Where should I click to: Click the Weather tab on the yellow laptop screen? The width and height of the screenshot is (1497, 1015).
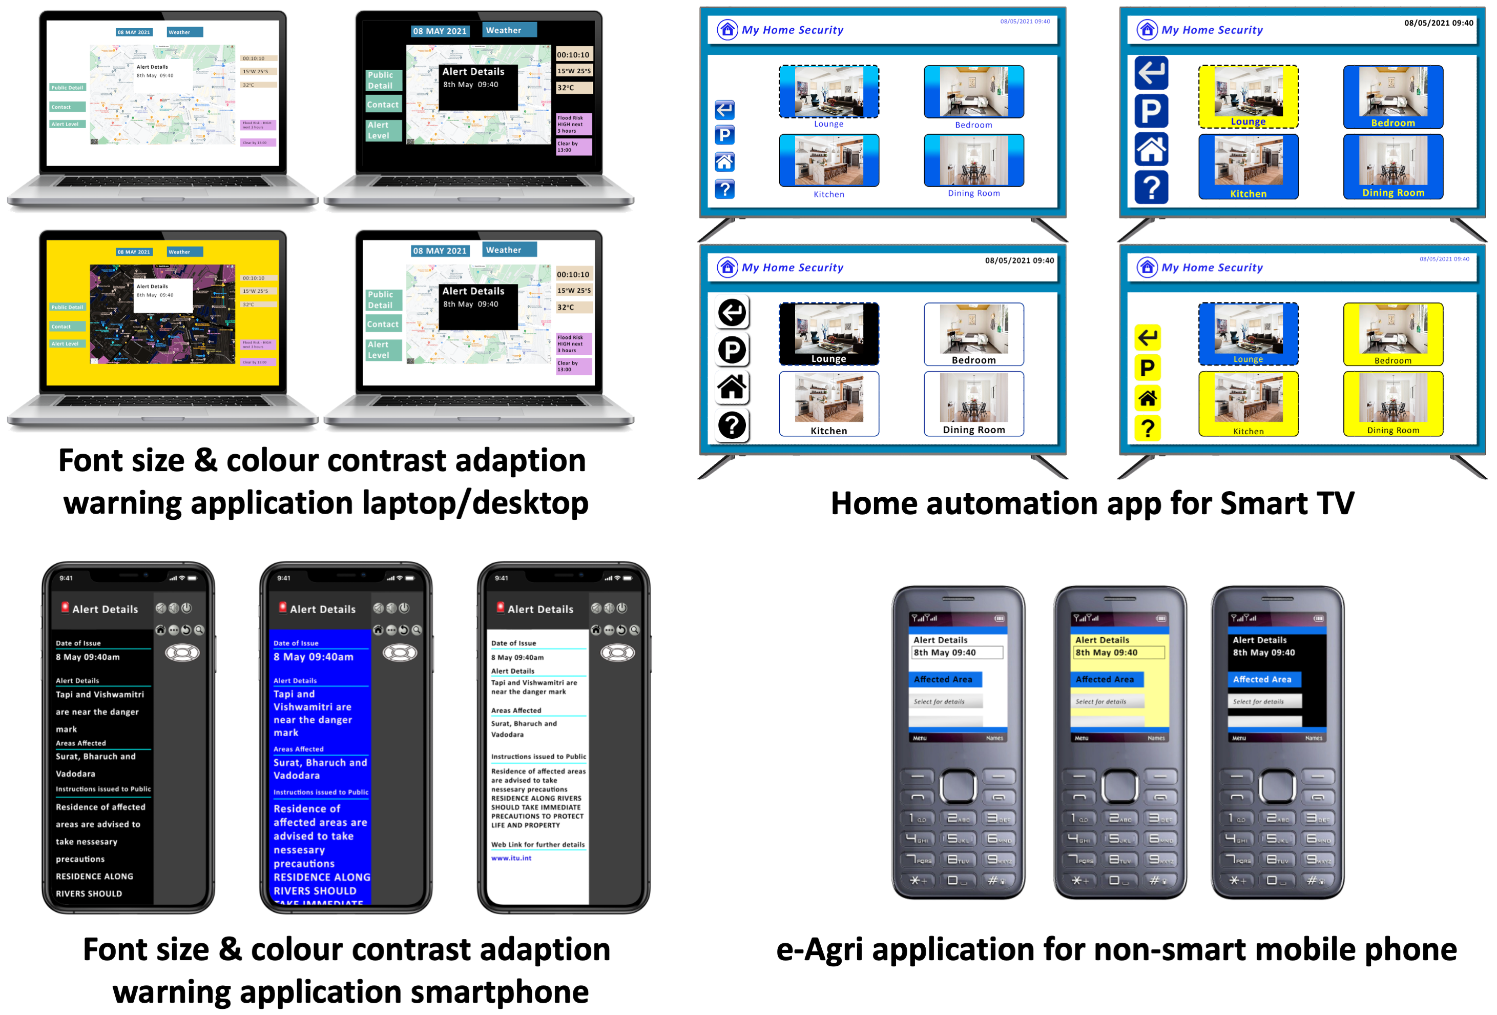pos(184,252)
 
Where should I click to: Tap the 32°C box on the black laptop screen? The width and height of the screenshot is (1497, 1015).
pos(573,88)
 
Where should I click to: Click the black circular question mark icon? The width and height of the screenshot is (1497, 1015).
pos(732,425)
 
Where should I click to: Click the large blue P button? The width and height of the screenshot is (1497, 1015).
pos(1151,111)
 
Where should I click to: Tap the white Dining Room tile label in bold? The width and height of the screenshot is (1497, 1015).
pos(973,430)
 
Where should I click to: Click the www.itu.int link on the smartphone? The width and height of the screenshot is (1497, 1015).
pos(511,858)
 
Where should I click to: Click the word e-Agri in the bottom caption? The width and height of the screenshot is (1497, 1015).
pos(819,950)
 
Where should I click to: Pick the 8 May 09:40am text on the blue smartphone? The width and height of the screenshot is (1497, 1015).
pos(313,657)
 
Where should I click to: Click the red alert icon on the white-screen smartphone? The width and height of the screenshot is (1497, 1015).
pos(501,607)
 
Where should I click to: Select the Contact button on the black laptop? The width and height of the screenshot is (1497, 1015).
pos(383,105)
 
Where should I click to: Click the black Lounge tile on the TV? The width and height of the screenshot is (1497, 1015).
pos(828,334)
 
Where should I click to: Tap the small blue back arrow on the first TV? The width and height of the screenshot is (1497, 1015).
pos(724,110)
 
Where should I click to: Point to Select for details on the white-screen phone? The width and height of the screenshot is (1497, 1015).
pos(939,701)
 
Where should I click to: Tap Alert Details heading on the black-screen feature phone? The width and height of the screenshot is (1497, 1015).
pos(1259,640)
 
